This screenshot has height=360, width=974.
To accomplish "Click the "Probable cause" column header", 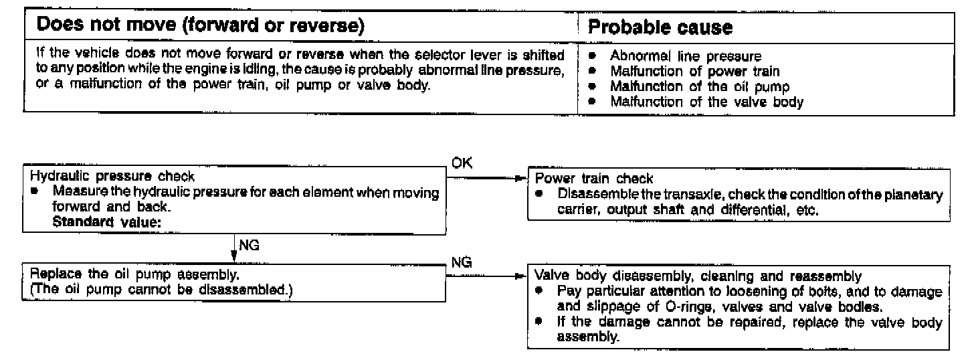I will click(660, 28).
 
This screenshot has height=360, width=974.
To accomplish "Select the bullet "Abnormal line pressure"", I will click(686, 58).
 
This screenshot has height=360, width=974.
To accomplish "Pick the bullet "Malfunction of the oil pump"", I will click(700, 87).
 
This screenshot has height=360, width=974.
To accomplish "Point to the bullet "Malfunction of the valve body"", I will click(706, 102).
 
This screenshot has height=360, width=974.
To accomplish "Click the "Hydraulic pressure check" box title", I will click(113, 177).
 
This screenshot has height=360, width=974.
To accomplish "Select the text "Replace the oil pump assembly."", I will click(136, 276).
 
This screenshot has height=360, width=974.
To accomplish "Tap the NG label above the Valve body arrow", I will click(462, 262).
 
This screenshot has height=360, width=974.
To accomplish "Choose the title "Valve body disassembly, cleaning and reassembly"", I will click(698, 276).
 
